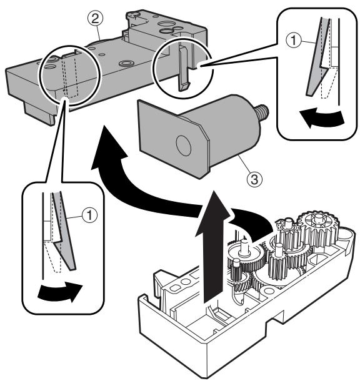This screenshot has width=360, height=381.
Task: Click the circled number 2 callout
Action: point(95,19)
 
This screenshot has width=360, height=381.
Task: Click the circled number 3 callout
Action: point(254,180)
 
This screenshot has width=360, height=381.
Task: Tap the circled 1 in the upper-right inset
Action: point(294,40)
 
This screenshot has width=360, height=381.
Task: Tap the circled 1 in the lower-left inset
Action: point(90,215)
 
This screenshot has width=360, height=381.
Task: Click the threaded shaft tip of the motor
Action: point(263,110)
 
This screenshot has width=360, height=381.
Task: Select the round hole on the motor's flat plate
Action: point(184,146)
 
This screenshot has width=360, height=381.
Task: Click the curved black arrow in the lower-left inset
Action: point(60,291)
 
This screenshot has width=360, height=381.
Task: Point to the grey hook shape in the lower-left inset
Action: point(64,231)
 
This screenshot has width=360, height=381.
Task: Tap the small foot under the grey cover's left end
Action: point(39,114)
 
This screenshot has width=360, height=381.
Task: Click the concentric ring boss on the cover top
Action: point(126,64)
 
